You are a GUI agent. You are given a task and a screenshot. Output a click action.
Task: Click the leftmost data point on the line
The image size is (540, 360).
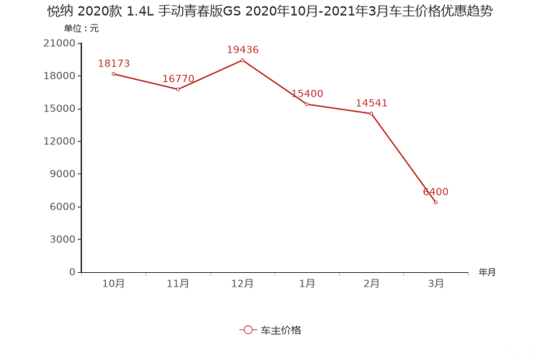click(x=113, y=73)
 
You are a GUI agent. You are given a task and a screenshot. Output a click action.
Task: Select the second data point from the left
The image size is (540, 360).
click(x=178, y=89)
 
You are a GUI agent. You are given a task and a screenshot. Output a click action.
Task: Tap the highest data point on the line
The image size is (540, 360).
click(x=242, y=59)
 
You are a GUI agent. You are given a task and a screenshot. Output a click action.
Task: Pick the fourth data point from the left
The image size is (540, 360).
click(x=306, y=105)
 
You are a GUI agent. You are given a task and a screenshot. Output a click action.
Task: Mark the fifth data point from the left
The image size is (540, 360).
click(x=372, y=113)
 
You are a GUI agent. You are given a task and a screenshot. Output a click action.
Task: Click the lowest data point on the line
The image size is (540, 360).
click(x=435, y=202)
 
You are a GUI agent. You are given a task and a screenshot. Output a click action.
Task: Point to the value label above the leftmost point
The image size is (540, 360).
click(x=113, y=63)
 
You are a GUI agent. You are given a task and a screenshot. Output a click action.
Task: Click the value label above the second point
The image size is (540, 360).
click(x=178, y=78)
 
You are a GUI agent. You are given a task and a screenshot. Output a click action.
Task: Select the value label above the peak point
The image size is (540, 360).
click(x=242, y=49)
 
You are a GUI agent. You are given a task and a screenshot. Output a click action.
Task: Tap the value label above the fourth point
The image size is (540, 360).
click(x=307, y=94)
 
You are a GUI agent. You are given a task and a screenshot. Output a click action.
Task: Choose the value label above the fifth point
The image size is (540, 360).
click(x=372, y=103)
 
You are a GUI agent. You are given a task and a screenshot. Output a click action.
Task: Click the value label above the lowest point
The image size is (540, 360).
click(x=435, y=192)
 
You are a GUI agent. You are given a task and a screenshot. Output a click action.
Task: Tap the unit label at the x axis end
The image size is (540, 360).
click(x=487, y=273)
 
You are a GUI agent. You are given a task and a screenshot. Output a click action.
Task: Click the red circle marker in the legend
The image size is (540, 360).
click(x=248, y=330)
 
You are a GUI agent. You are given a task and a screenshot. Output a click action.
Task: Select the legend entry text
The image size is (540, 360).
click(x=280, y=330)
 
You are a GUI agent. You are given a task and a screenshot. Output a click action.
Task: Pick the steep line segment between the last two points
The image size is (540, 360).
click(x=404, y=158)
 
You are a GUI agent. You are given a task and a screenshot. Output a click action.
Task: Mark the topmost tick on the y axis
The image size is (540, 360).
click(x=80, y=43)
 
